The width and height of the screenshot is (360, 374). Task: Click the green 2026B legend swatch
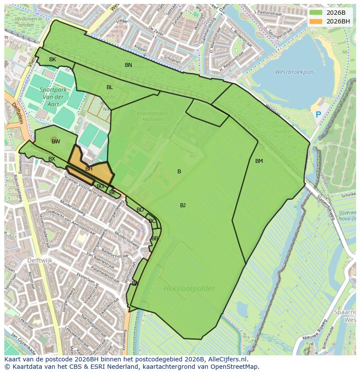(316, 13)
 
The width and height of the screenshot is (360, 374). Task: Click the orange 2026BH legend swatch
(316, 21)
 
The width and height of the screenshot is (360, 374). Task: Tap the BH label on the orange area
(89, 169)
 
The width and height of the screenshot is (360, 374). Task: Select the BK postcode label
(53, 60)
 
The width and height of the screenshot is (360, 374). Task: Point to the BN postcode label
(128, 65)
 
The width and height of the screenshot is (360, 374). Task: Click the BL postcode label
(110, 87)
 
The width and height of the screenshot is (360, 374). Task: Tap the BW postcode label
(56, 142)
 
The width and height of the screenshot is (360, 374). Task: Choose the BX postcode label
(52, 159)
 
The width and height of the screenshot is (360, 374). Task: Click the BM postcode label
(259, 161)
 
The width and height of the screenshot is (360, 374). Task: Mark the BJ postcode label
(183, 205)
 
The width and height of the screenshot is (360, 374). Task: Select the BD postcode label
(140, 210)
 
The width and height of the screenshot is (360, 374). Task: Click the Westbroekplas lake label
(294, 73)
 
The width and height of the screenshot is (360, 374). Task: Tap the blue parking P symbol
(318, 115)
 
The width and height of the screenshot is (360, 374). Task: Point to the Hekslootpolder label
(189, 288)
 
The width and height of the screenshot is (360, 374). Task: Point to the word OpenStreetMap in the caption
(237, 367)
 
